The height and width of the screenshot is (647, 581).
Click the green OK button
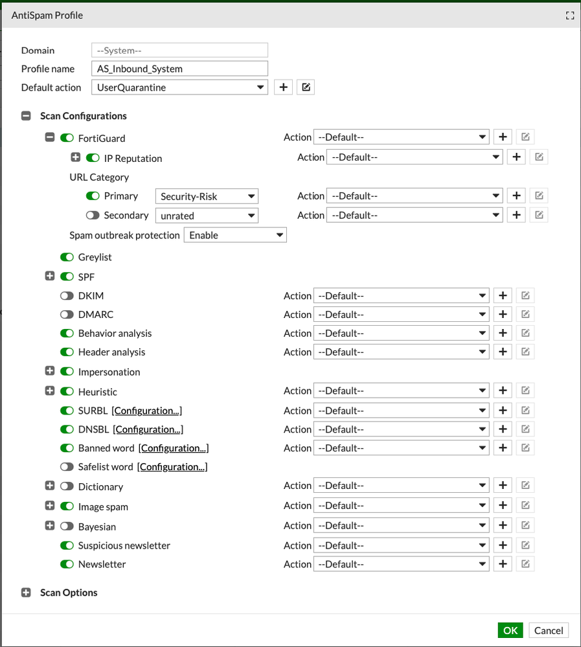[x=510, y=630]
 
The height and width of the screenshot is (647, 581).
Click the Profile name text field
[x=179, y=69]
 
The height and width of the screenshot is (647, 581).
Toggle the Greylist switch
[x=67, y=257]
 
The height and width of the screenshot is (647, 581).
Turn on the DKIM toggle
[x=67, y=296]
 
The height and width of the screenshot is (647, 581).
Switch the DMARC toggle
[x=67, y=315]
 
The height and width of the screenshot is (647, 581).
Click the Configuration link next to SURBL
[x=146, y=411]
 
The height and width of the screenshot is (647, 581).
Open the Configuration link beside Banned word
[x=174, y=448]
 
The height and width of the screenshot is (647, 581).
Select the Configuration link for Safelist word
[x=172, y=467]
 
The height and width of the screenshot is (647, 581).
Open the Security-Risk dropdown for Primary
[x=207, y=196]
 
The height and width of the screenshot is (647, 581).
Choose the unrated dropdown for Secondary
[x=207, y=216]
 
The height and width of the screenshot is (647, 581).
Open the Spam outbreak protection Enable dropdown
[x=235, y=235]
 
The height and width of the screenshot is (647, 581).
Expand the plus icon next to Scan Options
[x=27, y=593]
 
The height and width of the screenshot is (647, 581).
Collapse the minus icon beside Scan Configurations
[x=27, y=116]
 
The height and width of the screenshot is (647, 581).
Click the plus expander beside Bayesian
[x=50, y=526]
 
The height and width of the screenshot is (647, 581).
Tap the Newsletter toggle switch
[x=67, y=564]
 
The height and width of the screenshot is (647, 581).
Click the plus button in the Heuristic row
[x=503, y=391]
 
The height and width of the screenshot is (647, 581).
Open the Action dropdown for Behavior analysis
[x=401, y=334]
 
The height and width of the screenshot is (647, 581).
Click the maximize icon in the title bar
[x=570, y=16]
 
